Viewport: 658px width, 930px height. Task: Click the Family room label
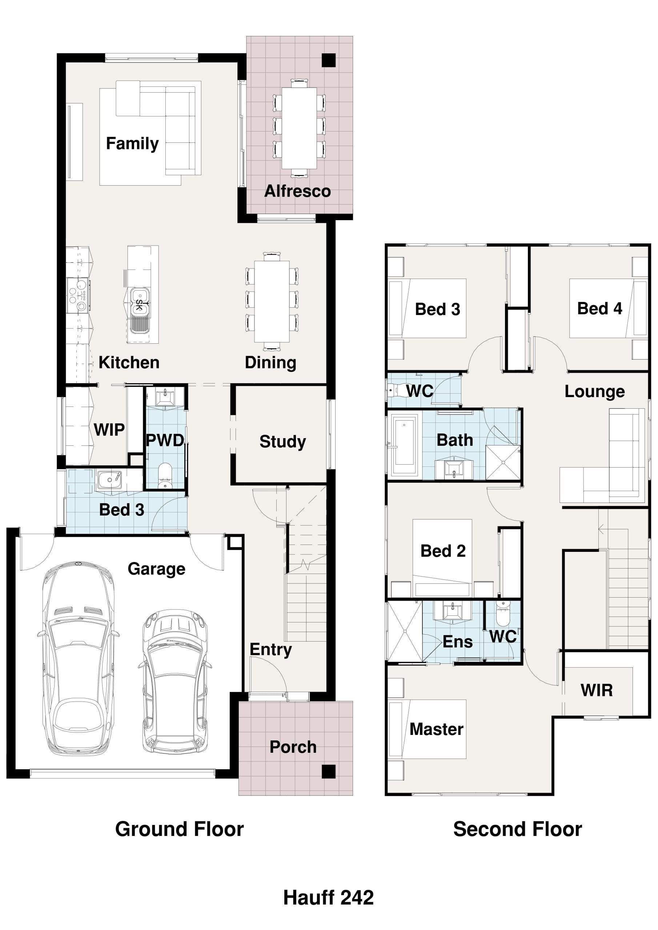[x=132, y=144]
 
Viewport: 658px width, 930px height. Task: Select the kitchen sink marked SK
[x=140, y=302]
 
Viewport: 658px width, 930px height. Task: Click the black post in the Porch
[x=328, y=772]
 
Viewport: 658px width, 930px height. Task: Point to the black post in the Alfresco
[x=328, y=60]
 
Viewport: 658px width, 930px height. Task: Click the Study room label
[x=282, y=441]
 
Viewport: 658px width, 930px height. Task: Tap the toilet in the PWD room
[x=165, y=476]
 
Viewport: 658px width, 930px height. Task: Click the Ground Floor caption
[x=179, y=829]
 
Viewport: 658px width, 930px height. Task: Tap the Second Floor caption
[x=517, y=829]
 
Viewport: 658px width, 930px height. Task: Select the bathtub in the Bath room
[x=404, y=444]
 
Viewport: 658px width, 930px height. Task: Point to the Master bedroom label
[x=436, y=729]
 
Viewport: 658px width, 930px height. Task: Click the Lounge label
[x=594, y=392]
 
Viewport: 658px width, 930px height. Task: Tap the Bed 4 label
[x=599, y=309]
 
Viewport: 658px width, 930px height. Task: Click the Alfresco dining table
[x=299, y=128]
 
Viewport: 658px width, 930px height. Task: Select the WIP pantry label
[x=109, y=429]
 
